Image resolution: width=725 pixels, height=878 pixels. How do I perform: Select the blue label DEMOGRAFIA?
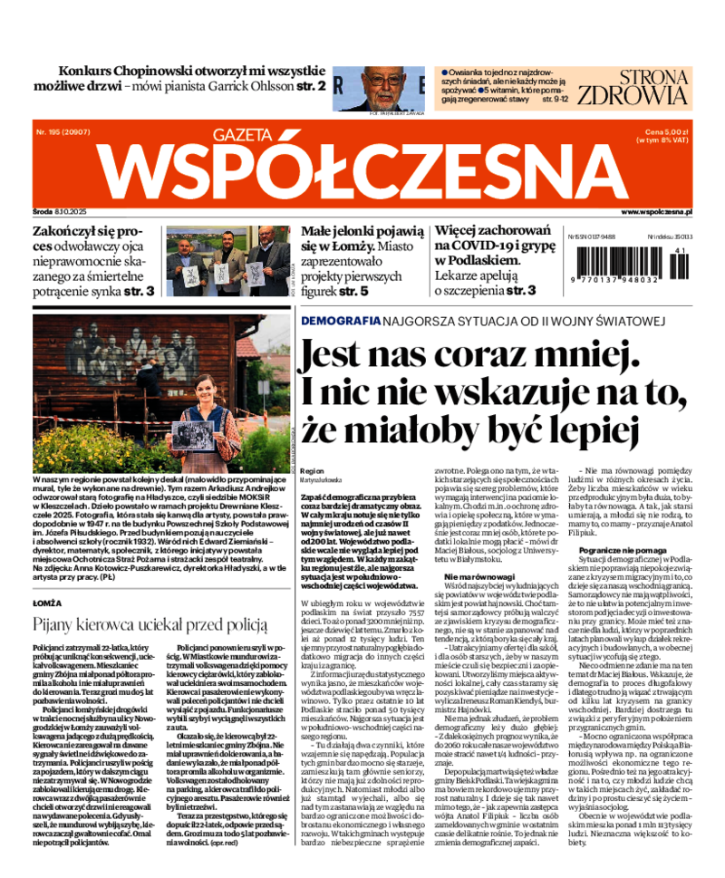point(340,322)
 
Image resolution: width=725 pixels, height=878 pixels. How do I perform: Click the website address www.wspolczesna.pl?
point(657,211)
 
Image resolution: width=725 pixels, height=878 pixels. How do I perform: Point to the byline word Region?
point(311,471)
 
